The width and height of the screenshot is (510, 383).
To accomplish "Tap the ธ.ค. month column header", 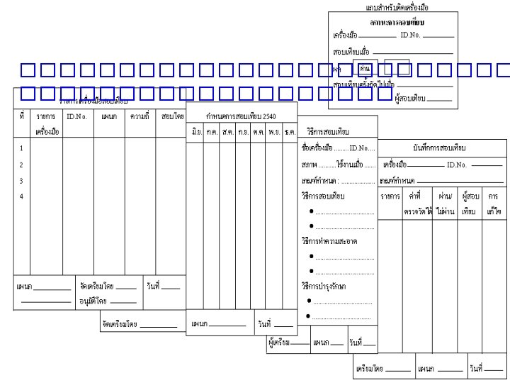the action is (290, 132).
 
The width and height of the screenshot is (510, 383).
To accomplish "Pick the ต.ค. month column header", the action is (259, 132).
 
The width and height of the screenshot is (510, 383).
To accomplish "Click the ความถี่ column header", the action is (140, 115).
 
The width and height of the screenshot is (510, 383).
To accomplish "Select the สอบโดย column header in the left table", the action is (172, 115).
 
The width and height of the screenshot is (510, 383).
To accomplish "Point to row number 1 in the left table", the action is (21, 148).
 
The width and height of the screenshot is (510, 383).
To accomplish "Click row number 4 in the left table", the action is (21, 196).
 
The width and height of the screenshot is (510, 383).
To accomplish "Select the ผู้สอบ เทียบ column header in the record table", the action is (469, 201).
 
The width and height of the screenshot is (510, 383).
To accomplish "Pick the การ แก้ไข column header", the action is (493, 201).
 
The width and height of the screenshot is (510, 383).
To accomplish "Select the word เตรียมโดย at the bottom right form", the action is (369, 369).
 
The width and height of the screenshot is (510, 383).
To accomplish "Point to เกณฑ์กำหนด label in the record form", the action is (397, 180).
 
